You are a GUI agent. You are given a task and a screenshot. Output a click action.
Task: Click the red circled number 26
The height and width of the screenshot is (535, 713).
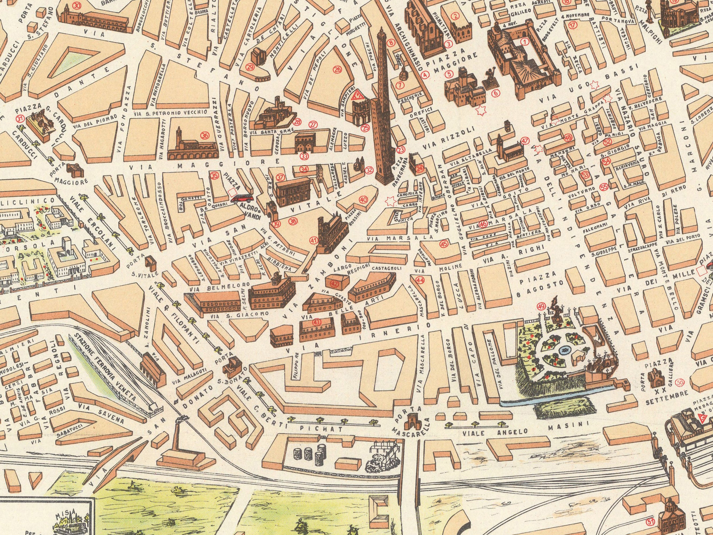[x=337, y=69]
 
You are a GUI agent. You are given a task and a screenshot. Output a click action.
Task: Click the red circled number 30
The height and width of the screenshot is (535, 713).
[x=77, y=5]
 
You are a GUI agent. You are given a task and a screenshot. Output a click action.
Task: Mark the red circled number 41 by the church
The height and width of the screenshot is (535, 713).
[x=313, y=240]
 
